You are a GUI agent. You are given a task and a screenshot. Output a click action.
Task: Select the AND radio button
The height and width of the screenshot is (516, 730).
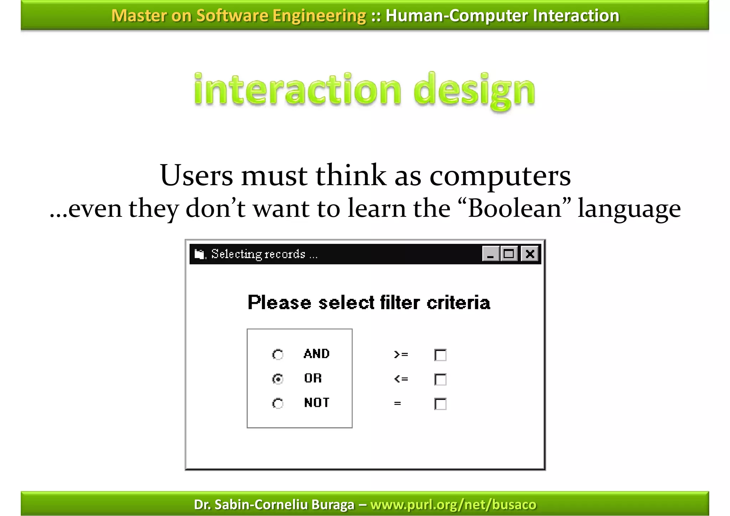point(278,354)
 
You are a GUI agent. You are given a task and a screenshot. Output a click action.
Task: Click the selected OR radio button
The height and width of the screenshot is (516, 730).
point(278,379)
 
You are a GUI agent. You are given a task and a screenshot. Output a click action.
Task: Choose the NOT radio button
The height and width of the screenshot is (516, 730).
point(278,403)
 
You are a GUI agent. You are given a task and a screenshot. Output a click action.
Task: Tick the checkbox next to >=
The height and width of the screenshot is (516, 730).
point(441,355)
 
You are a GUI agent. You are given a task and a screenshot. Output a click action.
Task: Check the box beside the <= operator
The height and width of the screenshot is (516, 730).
point(441,379)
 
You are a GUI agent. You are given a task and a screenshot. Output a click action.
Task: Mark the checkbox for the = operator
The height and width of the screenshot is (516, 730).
point(441,404)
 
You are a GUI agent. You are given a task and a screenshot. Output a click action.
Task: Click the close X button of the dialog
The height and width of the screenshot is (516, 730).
point(530,254)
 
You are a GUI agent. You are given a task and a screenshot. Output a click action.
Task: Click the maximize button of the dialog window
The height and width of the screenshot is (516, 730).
point(509,254)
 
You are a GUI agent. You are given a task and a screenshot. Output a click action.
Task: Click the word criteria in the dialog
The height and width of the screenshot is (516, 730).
point(458,303)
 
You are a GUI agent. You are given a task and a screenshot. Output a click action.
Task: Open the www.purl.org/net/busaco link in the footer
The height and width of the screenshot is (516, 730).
point(453,505)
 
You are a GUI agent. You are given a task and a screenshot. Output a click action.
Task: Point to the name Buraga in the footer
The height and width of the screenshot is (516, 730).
point(333,505)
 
